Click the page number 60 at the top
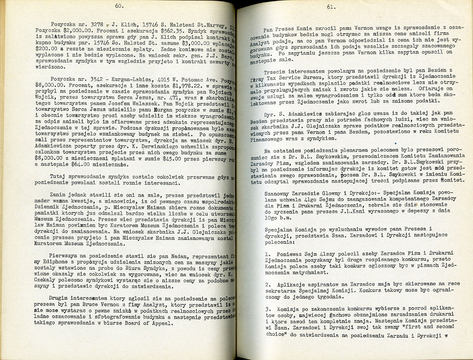click(x=118, y=6)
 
